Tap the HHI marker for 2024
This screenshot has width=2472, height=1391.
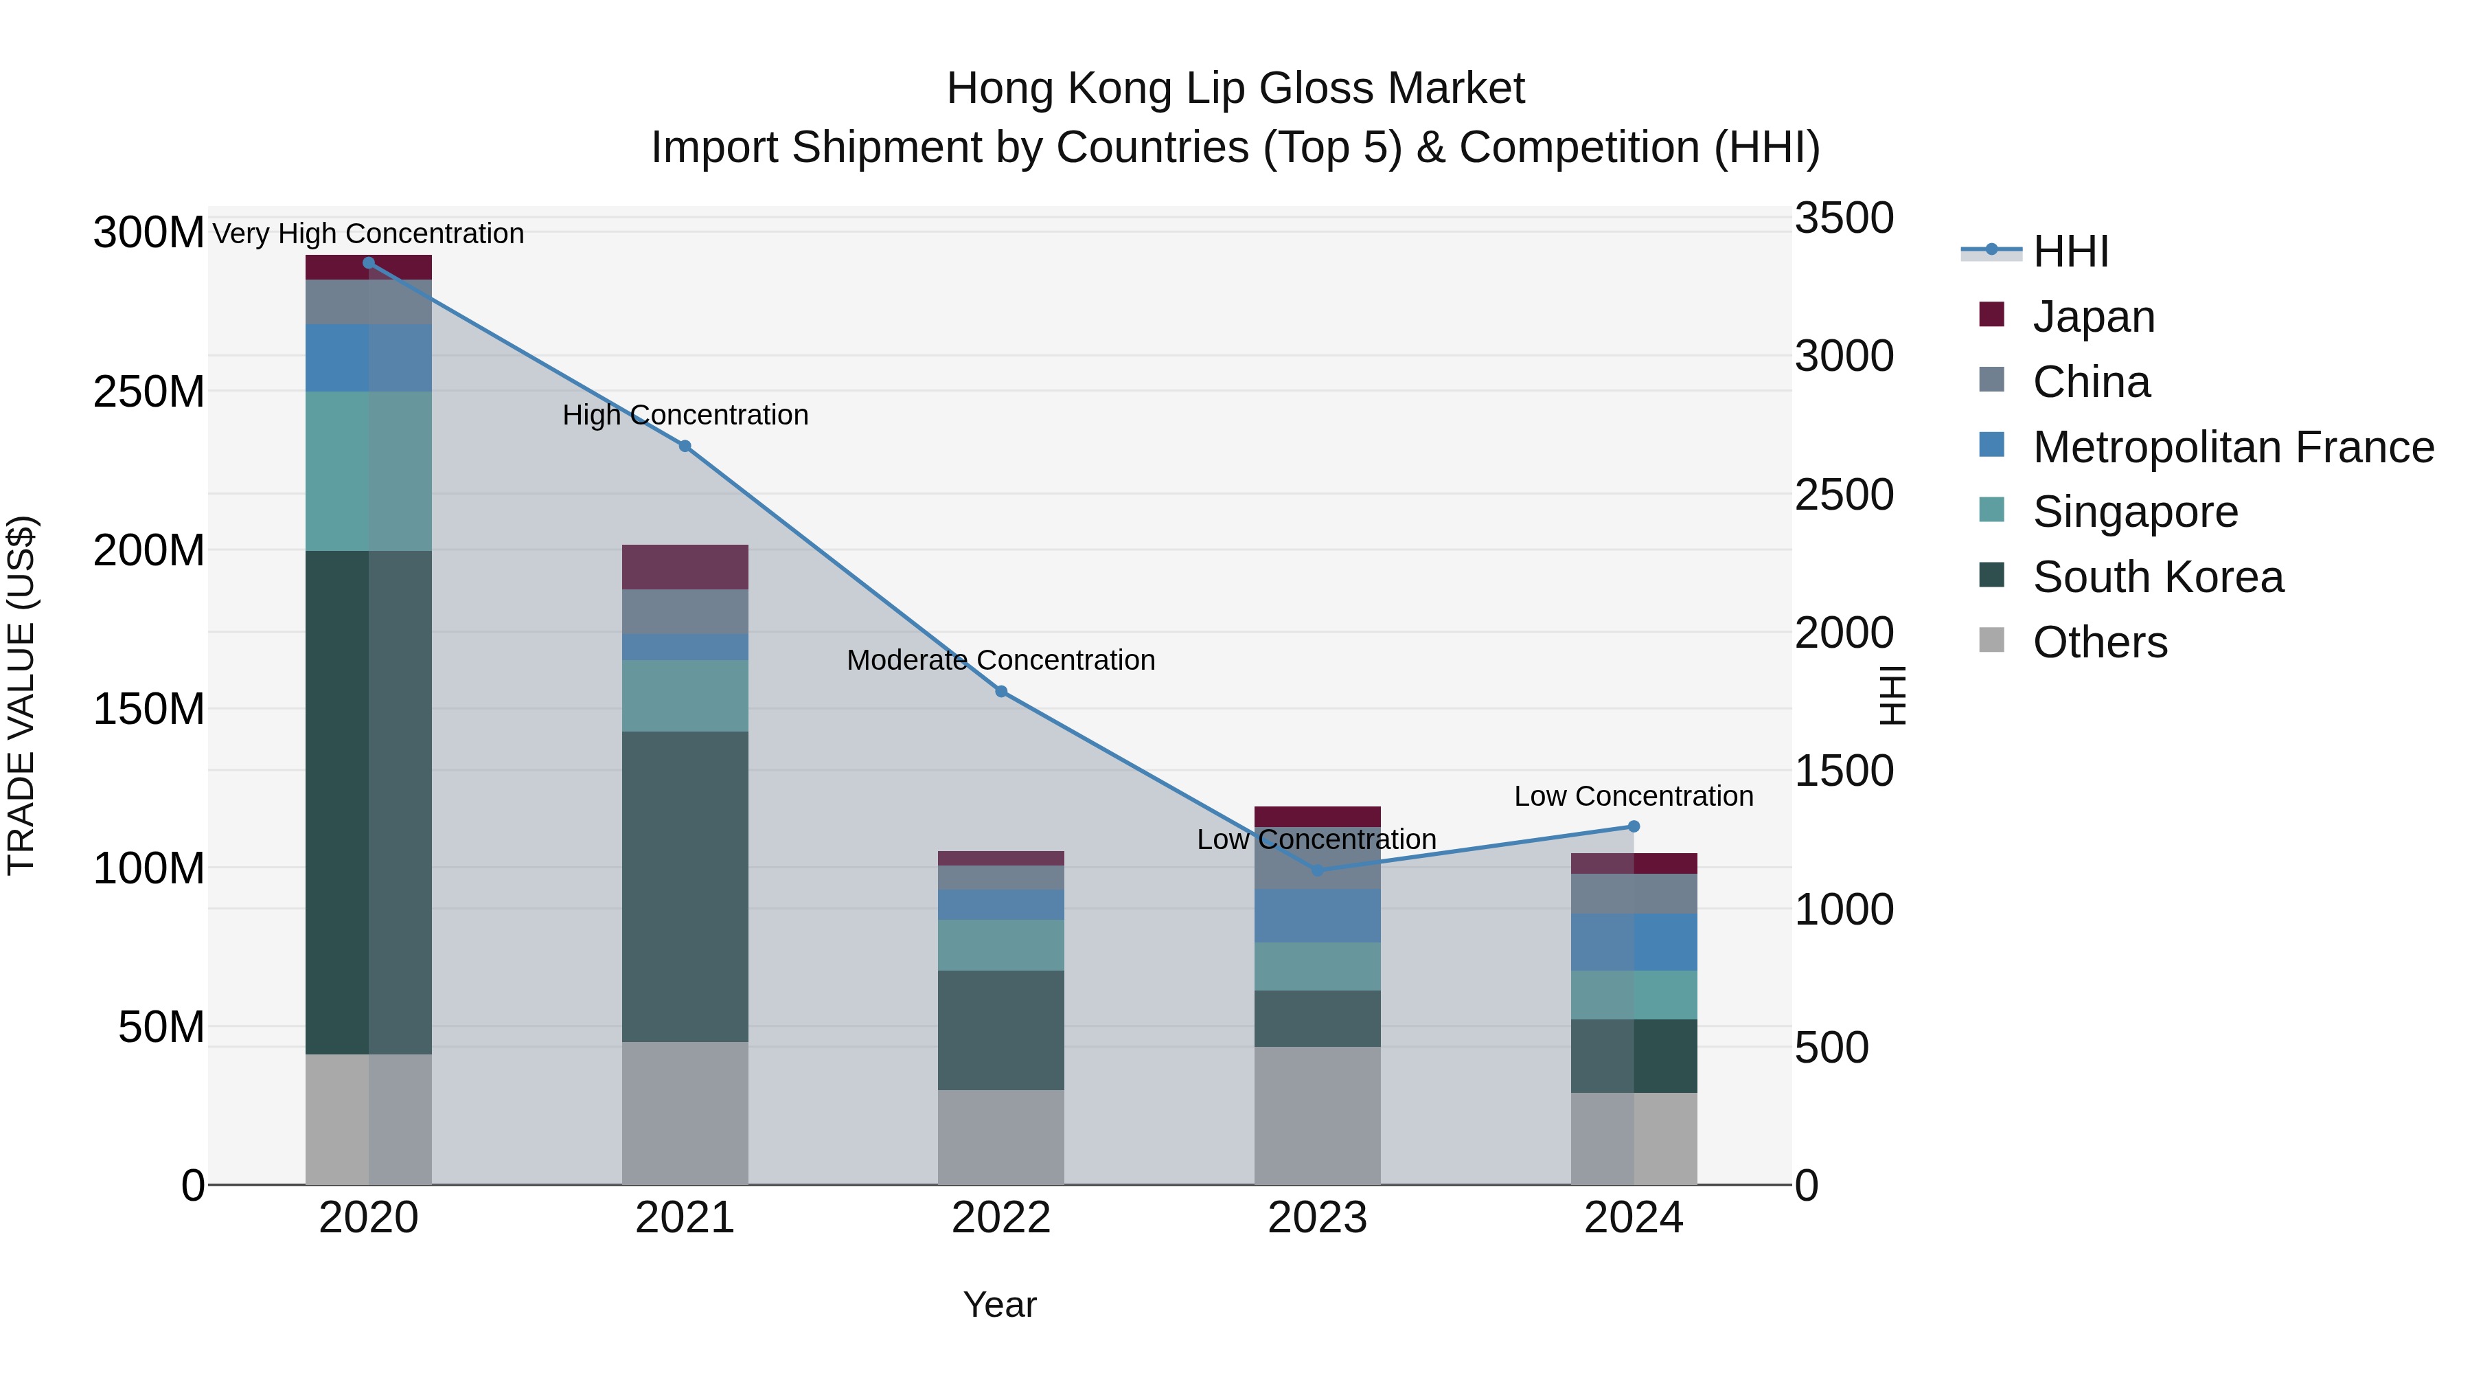click(1634, 826)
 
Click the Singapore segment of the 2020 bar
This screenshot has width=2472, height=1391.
click(369, 471)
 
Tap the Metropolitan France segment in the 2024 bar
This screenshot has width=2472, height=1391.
click(1634, 942)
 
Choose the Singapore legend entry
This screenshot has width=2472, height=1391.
click(2134, 512)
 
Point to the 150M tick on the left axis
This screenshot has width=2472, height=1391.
click(149, 710)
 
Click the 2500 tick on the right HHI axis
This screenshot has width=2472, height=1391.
click(1844, 495)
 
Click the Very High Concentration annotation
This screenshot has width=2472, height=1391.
click(369, 234)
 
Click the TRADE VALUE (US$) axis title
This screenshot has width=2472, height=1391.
click(21, 695)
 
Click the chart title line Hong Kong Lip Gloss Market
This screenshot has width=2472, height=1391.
click(1235, 89)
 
